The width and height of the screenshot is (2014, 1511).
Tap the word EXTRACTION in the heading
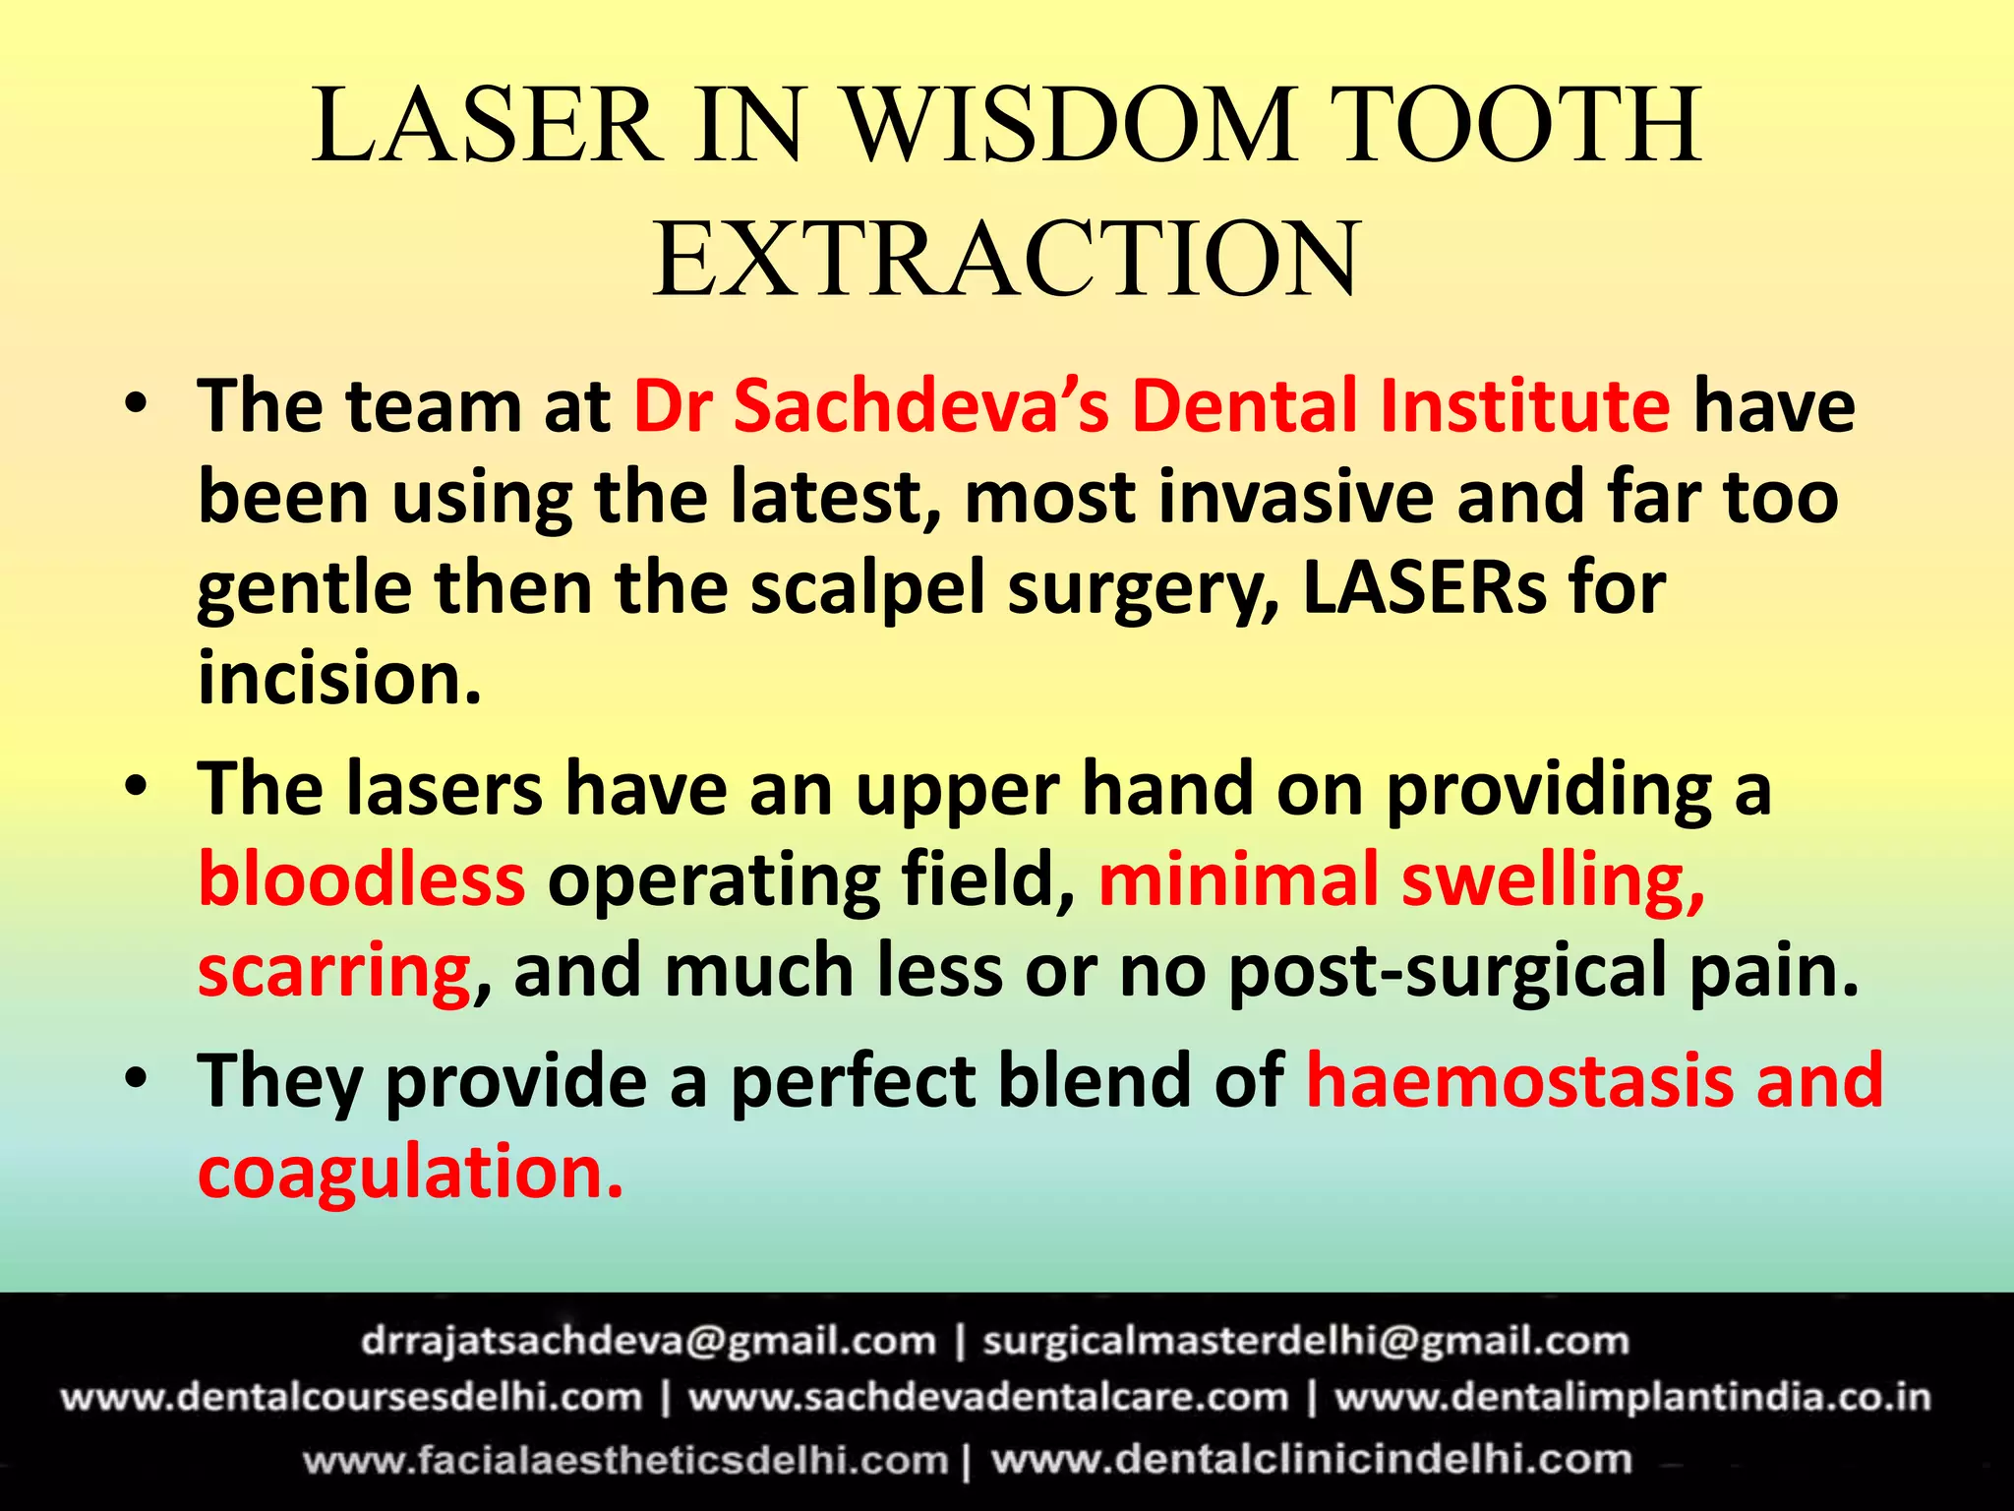pos(1006,260)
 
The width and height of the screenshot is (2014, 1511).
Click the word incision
pos(339,680)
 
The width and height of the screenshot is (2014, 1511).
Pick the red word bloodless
pos(362,879)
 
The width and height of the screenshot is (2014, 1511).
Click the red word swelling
pos(1554,879)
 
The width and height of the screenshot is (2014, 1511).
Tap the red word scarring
pos(334,971)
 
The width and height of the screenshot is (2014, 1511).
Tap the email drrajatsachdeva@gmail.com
pos(648,1341)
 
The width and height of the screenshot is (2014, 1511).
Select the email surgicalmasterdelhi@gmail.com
pos(1306,1341)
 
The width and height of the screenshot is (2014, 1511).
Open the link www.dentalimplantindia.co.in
pos(1632,1398)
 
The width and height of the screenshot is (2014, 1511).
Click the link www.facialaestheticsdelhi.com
pos(625,1460)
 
